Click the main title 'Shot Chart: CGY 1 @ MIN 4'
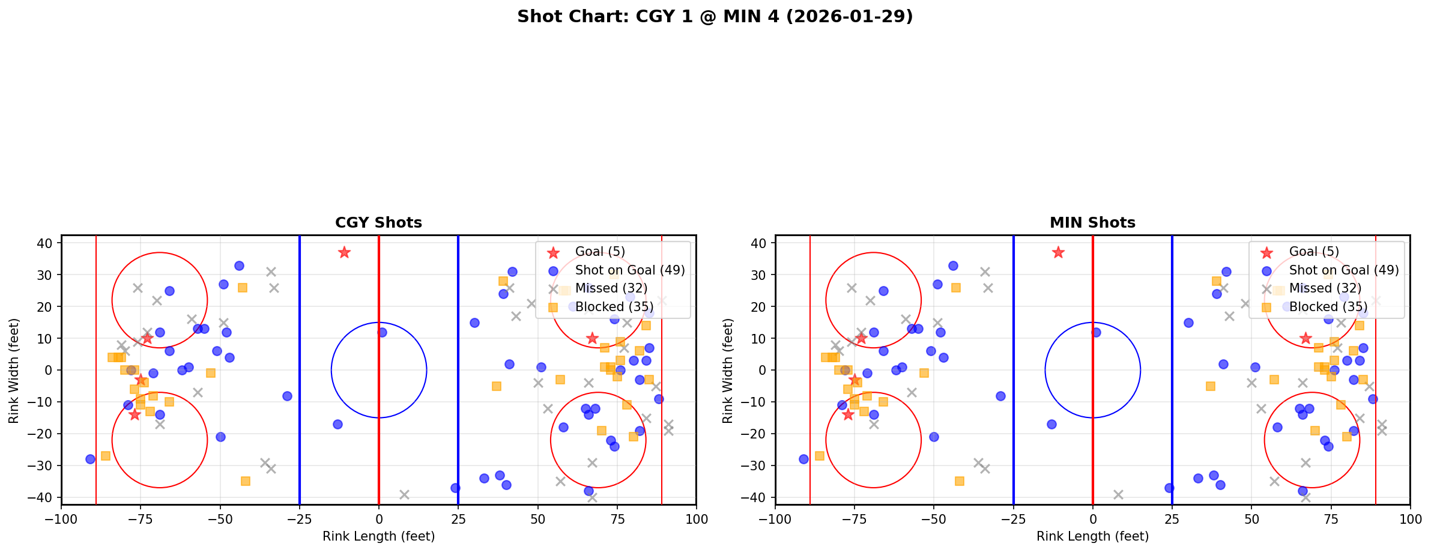coord(715,17)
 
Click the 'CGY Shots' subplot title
coord(378,223)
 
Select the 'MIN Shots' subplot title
coord(1092,223)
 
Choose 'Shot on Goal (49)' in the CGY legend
coord(629,270)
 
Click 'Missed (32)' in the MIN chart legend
coord(1325,288)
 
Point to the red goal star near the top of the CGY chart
coord(344,252)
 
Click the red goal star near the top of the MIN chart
coord(1058,252)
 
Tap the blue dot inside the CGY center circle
coord(382,332)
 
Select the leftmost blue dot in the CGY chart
coord(90,459)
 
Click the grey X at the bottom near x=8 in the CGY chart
coord(404,494)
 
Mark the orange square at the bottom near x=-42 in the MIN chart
coord(960,481)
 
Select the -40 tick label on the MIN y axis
coord(758,497)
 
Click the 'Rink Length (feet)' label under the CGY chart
coord(378,536)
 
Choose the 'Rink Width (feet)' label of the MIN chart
coord(728,370)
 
